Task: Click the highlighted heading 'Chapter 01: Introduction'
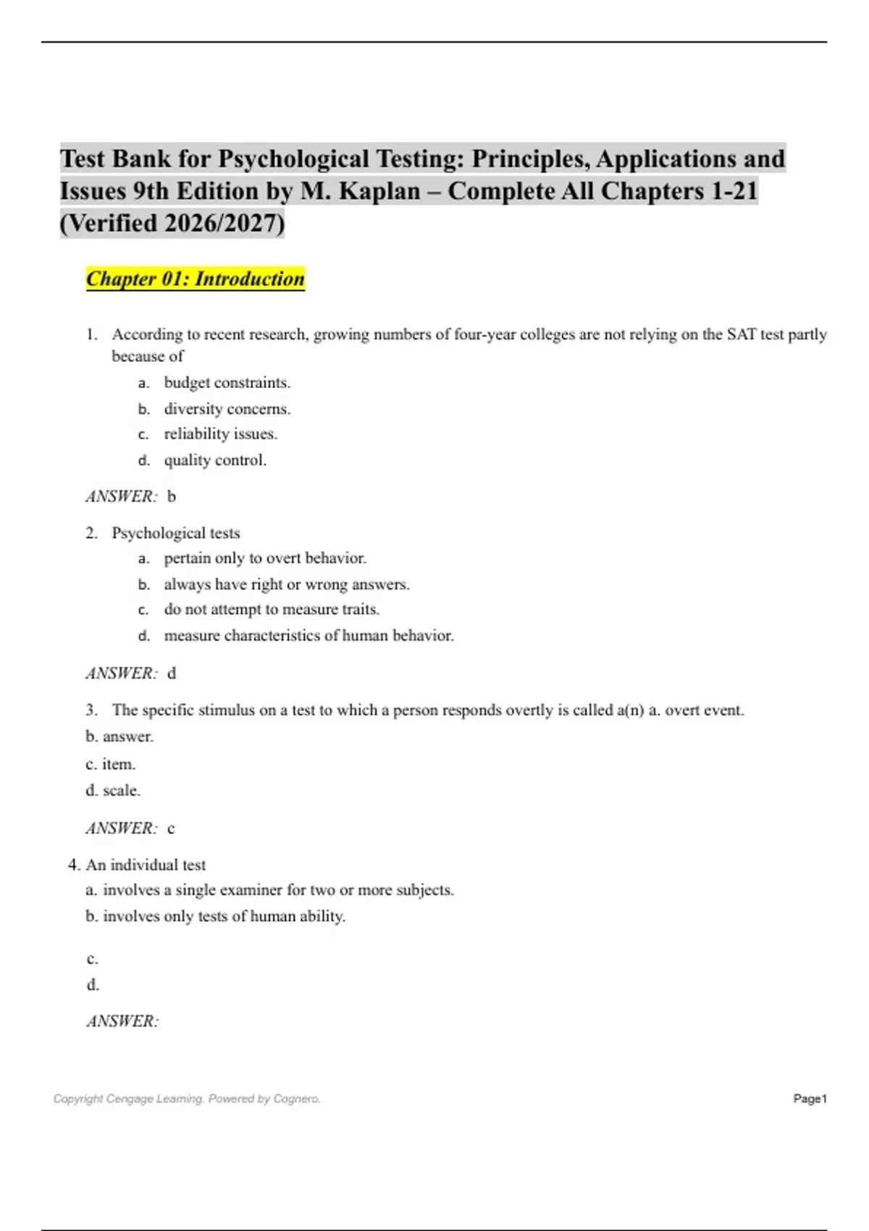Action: [195, 279]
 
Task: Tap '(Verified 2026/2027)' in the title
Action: [172, 223]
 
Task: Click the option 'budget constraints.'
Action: [227, 382]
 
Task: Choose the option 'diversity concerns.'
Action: [227, 408]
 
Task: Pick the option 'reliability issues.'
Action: [220, 434]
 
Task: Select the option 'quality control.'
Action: [215, 460]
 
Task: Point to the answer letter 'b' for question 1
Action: [172, 497]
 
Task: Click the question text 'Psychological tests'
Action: [175, 533]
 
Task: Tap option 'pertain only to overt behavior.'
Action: [265, 558]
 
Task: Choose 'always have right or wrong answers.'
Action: [287, 584]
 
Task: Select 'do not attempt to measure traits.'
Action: [272, 610]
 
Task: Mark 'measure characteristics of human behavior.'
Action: [308, 636]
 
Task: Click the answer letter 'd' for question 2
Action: [172, 673]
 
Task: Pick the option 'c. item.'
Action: [111, 764]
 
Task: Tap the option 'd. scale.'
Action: [113, 790]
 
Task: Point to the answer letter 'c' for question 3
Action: [171, 828]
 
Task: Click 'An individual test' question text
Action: [146, 865]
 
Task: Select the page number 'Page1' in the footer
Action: [810, 1098]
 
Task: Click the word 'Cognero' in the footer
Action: [297, 1098]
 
